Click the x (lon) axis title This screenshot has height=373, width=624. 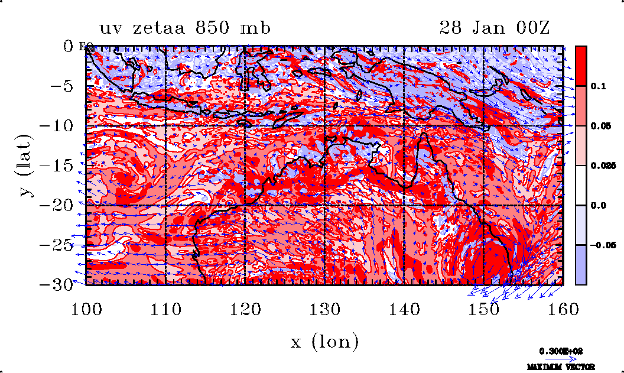[324, 342]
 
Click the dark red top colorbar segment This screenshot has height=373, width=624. [581, 66]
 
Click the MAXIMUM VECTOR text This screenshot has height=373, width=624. [561, 367]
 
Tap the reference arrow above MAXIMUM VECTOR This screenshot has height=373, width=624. [561, 359]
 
